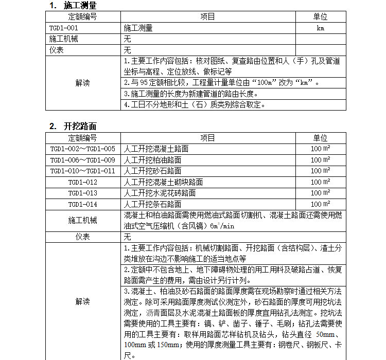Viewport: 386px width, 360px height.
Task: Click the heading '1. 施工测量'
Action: (x=73, y=6)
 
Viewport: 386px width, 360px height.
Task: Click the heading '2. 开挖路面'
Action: (x=73, y=127)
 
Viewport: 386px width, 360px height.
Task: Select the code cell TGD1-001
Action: (x=64, y=28)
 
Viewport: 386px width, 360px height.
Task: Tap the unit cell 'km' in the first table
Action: (x=320, y=28)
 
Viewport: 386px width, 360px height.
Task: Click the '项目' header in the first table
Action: (x=208, y=17)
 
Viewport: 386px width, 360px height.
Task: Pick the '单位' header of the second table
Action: (x=320, y=138)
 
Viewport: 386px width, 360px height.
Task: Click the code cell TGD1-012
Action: (x=82, y=182)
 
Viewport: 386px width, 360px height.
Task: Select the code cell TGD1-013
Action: (x=82, y=193)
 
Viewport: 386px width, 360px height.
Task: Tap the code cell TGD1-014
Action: (x=82, y=204)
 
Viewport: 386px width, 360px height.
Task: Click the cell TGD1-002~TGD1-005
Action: (x=82, y=149)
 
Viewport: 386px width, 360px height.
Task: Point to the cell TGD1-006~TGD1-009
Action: (x=82, y=160)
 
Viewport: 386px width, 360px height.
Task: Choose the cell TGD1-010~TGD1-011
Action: (x=82, y=171)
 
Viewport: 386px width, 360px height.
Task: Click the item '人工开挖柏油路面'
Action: (x=152, y=160)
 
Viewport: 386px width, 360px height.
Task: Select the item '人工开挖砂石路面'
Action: (x=152, y=171)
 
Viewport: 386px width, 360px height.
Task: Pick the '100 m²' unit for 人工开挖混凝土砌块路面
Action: (x=320, y=182)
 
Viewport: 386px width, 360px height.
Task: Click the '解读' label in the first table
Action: (x=82, y=83)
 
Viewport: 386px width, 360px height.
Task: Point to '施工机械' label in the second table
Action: (x=82, y=220)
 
